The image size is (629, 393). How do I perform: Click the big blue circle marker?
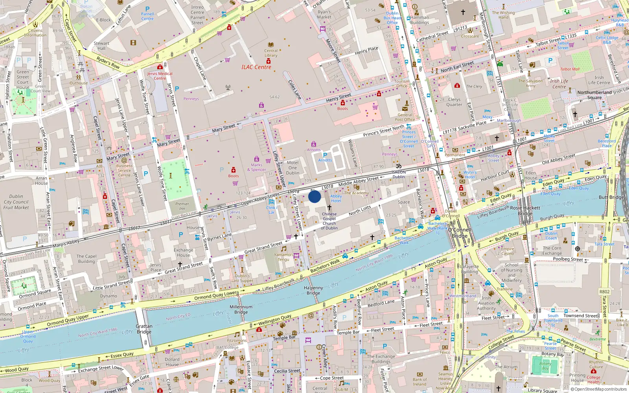tap(314, 196)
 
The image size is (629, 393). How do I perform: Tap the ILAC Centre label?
tap(256, 67)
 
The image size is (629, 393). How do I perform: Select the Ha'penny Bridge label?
tap(313, 290)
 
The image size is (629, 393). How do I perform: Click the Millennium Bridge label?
tap(241, 309)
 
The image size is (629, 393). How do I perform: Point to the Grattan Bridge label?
tap(144, 329)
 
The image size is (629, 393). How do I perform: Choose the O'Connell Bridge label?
tap(460, 233)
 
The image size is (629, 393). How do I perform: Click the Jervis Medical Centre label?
tap(160, 76)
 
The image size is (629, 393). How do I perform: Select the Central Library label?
tap(270, 53)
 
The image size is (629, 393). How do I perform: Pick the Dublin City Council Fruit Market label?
tap(16, 202)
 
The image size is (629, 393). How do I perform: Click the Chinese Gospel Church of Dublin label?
tap(329, 221)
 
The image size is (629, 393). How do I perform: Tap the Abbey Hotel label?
tap(336, 198)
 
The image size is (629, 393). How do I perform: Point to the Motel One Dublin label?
tap(292, 167)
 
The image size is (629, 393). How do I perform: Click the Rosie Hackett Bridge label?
tap(525, 211)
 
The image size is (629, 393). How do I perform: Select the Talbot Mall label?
tap(570, 69)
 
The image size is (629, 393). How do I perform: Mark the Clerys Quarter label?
tap(454, 102)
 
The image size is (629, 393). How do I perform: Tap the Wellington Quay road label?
tap(275, 320)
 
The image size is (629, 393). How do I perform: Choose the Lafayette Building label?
tap(469, 269)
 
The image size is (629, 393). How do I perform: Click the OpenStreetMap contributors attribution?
tap(600, 389)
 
